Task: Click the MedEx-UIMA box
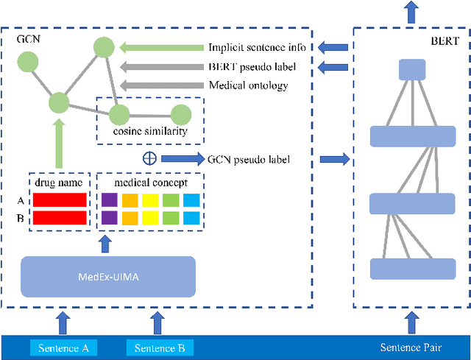click(108, 276)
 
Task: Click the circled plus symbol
click(149, 158)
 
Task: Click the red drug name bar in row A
click(60, 200)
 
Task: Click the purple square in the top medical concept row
click(109, 200)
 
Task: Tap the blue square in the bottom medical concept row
click(191, 217)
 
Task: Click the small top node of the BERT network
click(411, 71)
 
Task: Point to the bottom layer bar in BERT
click(412, 269)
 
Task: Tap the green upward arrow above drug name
click(59, 144)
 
